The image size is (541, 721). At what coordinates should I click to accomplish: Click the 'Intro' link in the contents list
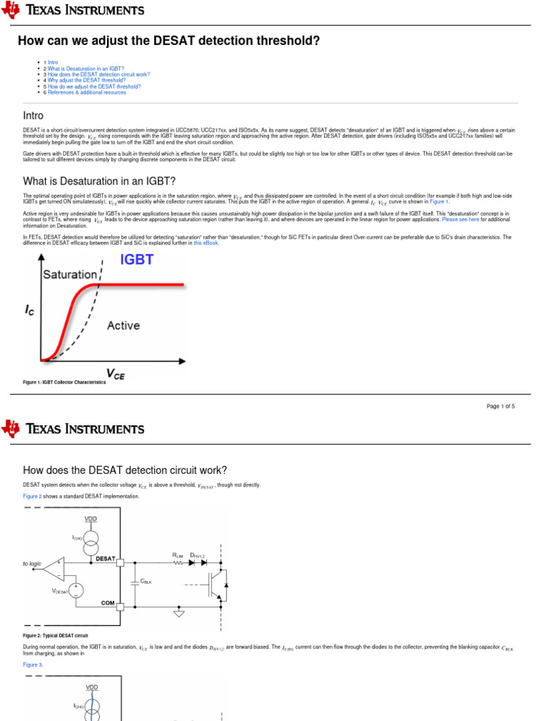coord(53,63)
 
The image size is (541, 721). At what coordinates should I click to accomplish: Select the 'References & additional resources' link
coord(87,92)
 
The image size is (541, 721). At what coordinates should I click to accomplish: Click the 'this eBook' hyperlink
coord(206,243)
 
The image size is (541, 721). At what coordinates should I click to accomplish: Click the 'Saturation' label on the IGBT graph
coord(70,275)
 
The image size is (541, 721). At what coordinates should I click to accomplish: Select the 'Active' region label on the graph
coord(123,325)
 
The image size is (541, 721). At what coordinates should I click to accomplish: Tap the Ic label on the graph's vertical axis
coord(29,310)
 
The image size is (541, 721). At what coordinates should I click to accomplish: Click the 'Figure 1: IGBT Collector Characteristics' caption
coord(64,382)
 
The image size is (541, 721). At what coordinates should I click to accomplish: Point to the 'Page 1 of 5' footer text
coord(501,406)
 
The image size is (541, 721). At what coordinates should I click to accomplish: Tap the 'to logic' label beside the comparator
coord(32,564)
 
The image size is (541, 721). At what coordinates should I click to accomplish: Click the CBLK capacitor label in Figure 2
coord(147,582)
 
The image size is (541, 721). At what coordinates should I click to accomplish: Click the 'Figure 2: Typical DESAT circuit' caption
coord(56,635)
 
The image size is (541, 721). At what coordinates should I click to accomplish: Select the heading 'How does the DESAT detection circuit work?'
coord(125,470)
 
